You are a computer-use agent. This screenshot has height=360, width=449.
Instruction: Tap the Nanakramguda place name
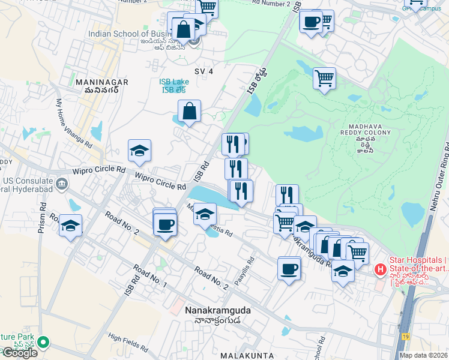coord(217,310)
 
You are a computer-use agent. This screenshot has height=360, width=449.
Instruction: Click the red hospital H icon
coord(380,271)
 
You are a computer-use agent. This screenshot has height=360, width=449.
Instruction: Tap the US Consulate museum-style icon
coord(61,183)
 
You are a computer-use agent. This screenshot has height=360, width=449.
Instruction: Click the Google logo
coord(19,353)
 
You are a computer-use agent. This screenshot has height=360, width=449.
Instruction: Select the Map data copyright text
coord(423,355)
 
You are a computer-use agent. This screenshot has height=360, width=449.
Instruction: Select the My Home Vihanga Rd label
coord(74,124)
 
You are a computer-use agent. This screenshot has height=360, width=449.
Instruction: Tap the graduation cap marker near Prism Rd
coord(71,226)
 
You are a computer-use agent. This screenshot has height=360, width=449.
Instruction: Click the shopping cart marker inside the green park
coord(324,78)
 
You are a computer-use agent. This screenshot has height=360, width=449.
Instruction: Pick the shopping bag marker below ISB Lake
coord(189,112)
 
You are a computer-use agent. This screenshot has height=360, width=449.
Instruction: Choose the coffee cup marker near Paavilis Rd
coord(289,269)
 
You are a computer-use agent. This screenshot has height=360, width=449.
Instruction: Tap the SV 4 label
coord(204,71)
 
